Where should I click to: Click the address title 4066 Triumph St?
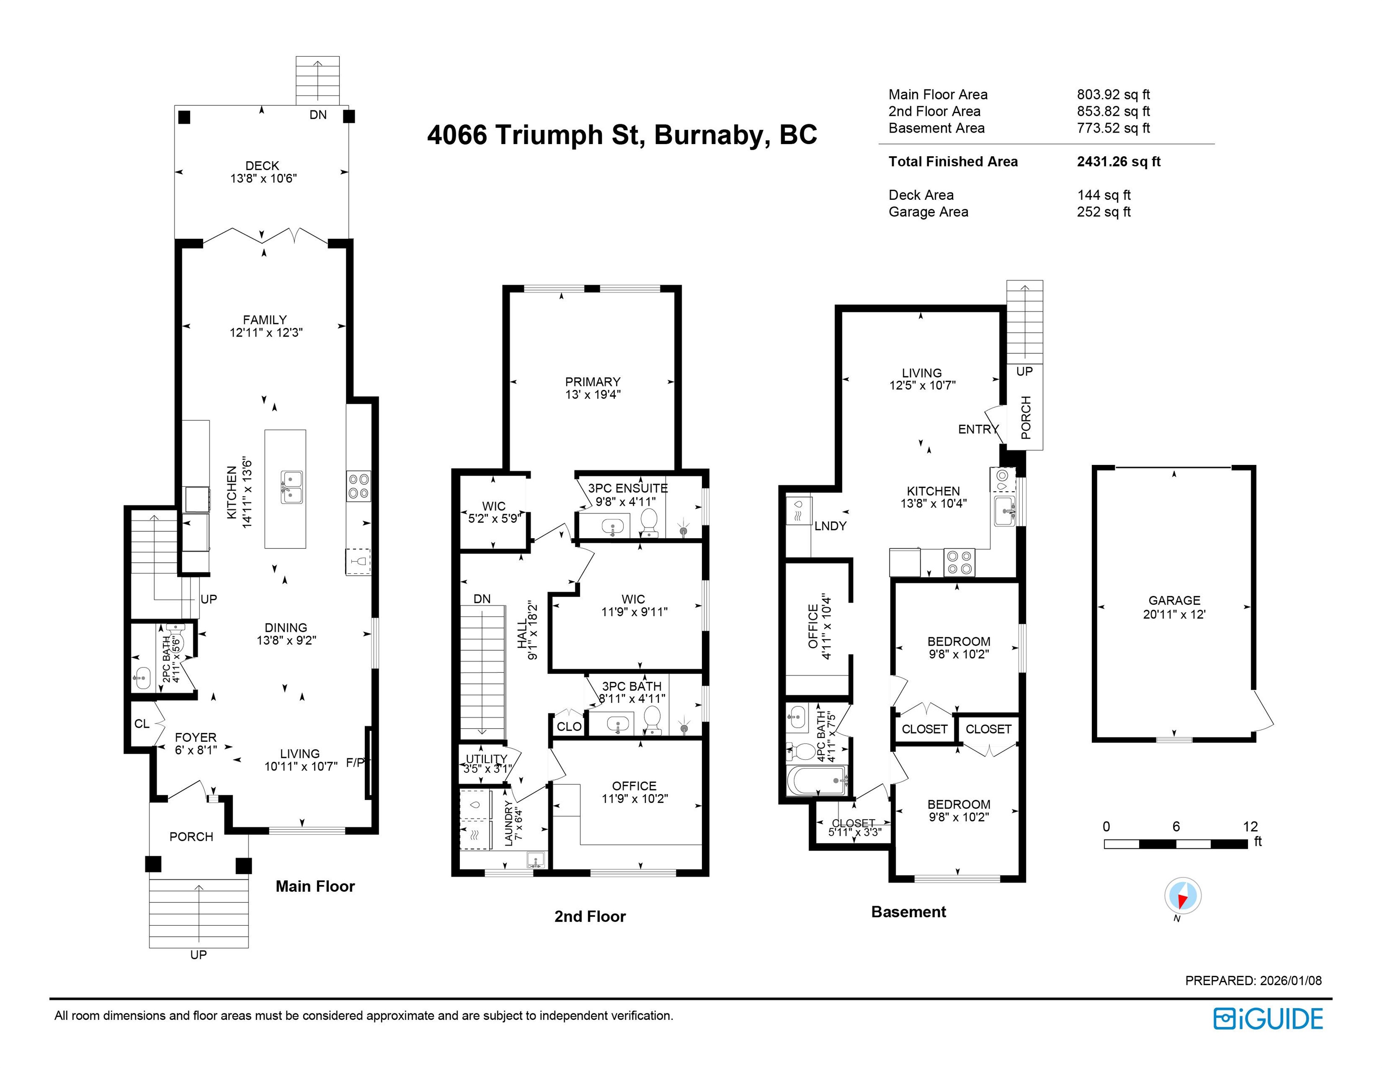pyautogui.click(x=536, y=135)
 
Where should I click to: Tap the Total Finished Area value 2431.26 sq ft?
pyautogui.click(x=1119, y=161)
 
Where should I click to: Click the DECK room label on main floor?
pyautogui.click(x=262, y=166)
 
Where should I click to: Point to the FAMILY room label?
pyautogui.click(x=265, y=320)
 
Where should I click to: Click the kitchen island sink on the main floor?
pyautogui.click(x=292, y=487)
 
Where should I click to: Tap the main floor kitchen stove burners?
pyautogui.click(x=359, y=486)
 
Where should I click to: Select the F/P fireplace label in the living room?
pyautogui.click(x=355, y=763)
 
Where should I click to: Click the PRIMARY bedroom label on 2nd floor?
pyautogui.click(x=593, y=382)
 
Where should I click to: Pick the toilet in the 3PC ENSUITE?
pyautogui.click(x=649, y=524)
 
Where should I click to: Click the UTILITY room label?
pyautogui.click(x=487, y=759)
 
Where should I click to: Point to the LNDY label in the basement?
pyautogui.click(x=830, y=526)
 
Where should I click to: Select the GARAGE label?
pyautogui.click(x=1174, y=600)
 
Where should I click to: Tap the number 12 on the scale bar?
pyautogui.click(x=1250, y=826)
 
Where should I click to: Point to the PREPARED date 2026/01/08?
pyautogui.click(x=1291, y=981)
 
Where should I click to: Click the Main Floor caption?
pyautogui.click(x=315, y=886)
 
